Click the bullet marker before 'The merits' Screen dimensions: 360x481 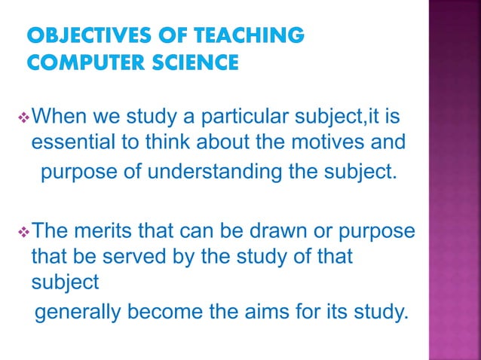point(22,230)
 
